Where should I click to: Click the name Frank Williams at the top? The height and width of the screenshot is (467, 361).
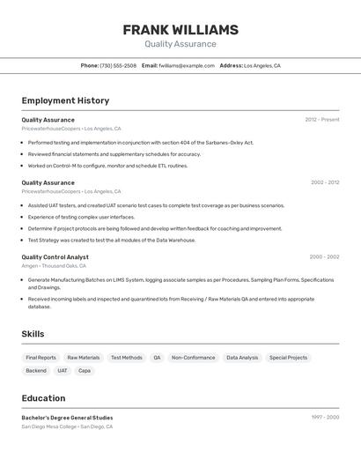coord(180,29)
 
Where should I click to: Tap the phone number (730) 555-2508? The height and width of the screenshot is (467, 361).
coord(118,65)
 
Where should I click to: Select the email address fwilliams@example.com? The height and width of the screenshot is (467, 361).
coord(187,65)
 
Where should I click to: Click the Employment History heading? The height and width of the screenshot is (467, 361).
coord(65,100)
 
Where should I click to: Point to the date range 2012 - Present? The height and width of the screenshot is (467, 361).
coord(322,120)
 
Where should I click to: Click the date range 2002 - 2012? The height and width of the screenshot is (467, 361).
coord(325,182)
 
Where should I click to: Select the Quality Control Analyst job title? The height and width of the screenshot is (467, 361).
coord(55,257)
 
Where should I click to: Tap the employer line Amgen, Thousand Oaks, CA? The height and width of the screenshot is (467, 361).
coord(54,265)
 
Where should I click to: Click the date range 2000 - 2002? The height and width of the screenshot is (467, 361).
coord(324,257)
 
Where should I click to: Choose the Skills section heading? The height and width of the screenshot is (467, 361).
coord(33,334)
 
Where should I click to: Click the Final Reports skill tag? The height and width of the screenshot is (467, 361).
coord(41,358)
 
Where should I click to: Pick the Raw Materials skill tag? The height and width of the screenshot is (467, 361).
coord(84,358)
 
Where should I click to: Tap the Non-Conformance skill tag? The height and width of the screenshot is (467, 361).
coord(193,358)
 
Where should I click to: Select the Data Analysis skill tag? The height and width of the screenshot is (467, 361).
coord(242,358)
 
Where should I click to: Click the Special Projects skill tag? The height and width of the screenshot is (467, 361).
coord(288,358)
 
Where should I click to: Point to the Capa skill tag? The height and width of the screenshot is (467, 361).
coord(85,371)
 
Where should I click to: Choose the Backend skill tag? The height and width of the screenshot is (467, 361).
coord(36,371)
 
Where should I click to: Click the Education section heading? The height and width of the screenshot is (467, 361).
coord(43,398)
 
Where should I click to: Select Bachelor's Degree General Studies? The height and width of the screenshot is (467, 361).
coord(67,418)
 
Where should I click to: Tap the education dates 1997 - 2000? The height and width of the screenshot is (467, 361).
coord(325,418)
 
